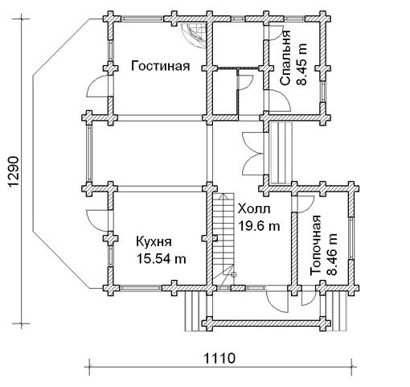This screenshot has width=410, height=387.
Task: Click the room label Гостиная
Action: point(161,66)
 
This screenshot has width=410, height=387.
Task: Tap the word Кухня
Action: point(154,242)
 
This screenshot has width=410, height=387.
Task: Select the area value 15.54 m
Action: point(162,259)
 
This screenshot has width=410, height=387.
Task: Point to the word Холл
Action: point(254,209)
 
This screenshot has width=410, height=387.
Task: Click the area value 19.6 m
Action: point(259,226)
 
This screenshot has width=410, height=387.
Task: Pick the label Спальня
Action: point(285,58)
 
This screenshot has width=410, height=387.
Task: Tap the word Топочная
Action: point(315,245)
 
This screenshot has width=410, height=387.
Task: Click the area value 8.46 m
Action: point(332,254)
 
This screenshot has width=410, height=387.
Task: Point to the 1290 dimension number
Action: point(13,171)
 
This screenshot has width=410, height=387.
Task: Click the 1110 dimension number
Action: point(219,358)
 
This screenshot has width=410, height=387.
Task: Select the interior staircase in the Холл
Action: point(223,240)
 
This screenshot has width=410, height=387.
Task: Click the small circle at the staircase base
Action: point(234,274)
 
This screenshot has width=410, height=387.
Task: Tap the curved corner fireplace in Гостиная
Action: point(193,35)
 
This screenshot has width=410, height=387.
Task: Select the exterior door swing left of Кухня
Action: point(97,220)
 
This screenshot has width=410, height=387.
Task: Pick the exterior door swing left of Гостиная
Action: point(98,86)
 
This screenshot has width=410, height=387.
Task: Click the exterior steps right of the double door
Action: point(281,153)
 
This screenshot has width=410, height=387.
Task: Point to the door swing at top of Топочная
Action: point(305,204)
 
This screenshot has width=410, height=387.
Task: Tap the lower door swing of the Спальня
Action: point(279,101)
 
